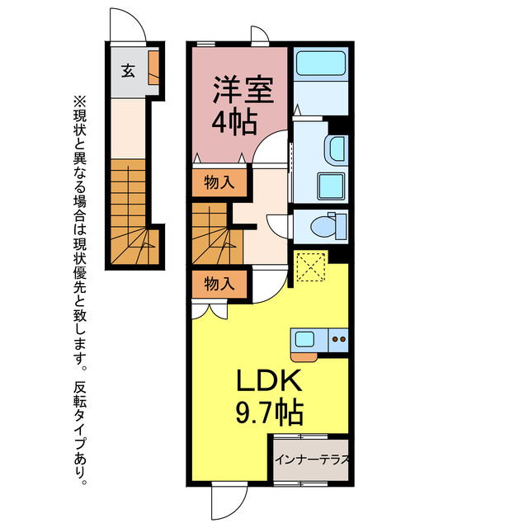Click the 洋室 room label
[x=243, y=90]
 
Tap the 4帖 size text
[x=234, y=123]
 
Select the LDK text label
[x=269, y=380]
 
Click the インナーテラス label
[x=312, y=460]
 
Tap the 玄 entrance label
[x=129, y=71]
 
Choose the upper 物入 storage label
[x=219, y=183]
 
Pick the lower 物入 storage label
[x=219, y=284]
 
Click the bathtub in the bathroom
[x=321, y=64]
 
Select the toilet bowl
[x=324, y=226]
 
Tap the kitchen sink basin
[x=304, y=339]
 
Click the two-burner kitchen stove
[x=339, y=340]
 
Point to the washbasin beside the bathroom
[x=337, y=150]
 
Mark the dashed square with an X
[x=312, y=267]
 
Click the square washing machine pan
[x=332, y=186]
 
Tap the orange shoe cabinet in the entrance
[x=154, y=68]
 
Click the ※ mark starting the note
[x=80, y=101]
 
